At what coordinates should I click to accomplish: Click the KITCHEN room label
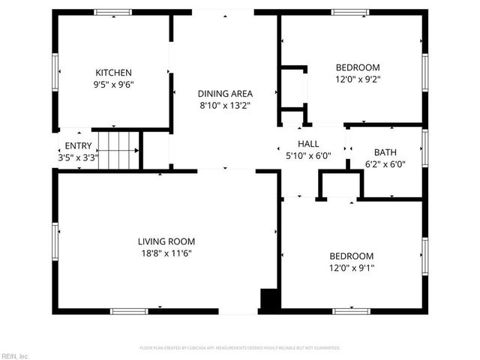point(113,72)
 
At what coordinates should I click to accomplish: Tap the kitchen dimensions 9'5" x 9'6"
point(113,84)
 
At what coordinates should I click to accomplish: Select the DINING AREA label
point(225,94)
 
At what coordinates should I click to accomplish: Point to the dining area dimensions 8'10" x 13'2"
point(225,106)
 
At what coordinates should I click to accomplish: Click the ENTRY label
point(78,145)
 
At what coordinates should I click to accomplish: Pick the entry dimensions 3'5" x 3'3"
point(78,157)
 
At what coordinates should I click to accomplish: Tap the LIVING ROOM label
point(166,241)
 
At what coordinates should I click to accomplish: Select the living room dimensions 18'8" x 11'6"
point(166,253)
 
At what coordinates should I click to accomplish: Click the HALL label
point(308,143)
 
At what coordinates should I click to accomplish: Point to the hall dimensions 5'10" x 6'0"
point(308,155)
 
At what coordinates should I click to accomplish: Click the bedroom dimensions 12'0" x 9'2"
point(357,79)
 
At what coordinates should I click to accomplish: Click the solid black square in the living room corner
point(268,298)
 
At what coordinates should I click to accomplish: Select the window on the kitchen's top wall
point(112,12)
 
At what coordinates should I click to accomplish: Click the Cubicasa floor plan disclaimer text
point(240,348)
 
